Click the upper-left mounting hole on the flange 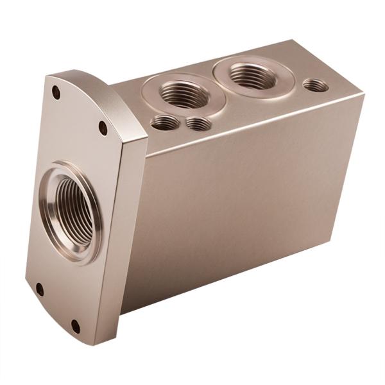coord(56,92)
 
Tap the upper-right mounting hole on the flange coord(103,128)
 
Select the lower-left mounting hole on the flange coord(40,289)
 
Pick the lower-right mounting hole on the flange coord(75,326)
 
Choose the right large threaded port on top coord(253,76)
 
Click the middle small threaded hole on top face coord(198,123)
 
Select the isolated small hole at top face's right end coord(315,85)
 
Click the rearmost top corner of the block coord(294,40)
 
